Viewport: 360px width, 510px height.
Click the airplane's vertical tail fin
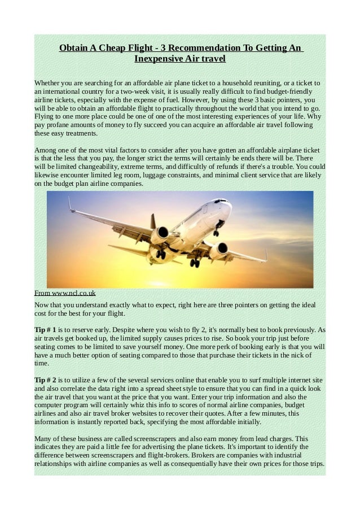(71, 204)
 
